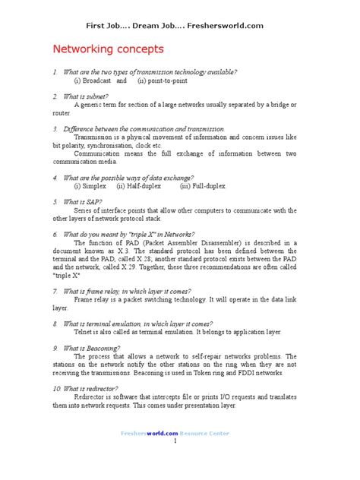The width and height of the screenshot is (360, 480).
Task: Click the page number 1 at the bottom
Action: (175, 441)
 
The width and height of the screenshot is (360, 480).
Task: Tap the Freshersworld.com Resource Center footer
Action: (175, 432)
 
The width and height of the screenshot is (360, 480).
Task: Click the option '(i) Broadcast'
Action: (93, 80)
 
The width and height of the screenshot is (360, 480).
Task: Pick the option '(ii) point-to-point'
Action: (164, 80)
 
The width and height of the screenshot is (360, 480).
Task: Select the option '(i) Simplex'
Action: (90, 185)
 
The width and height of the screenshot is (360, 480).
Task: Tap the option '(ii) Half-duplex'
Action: (140, 185)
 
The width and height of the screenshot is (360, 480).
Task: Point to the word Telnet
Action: (84, 332)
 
